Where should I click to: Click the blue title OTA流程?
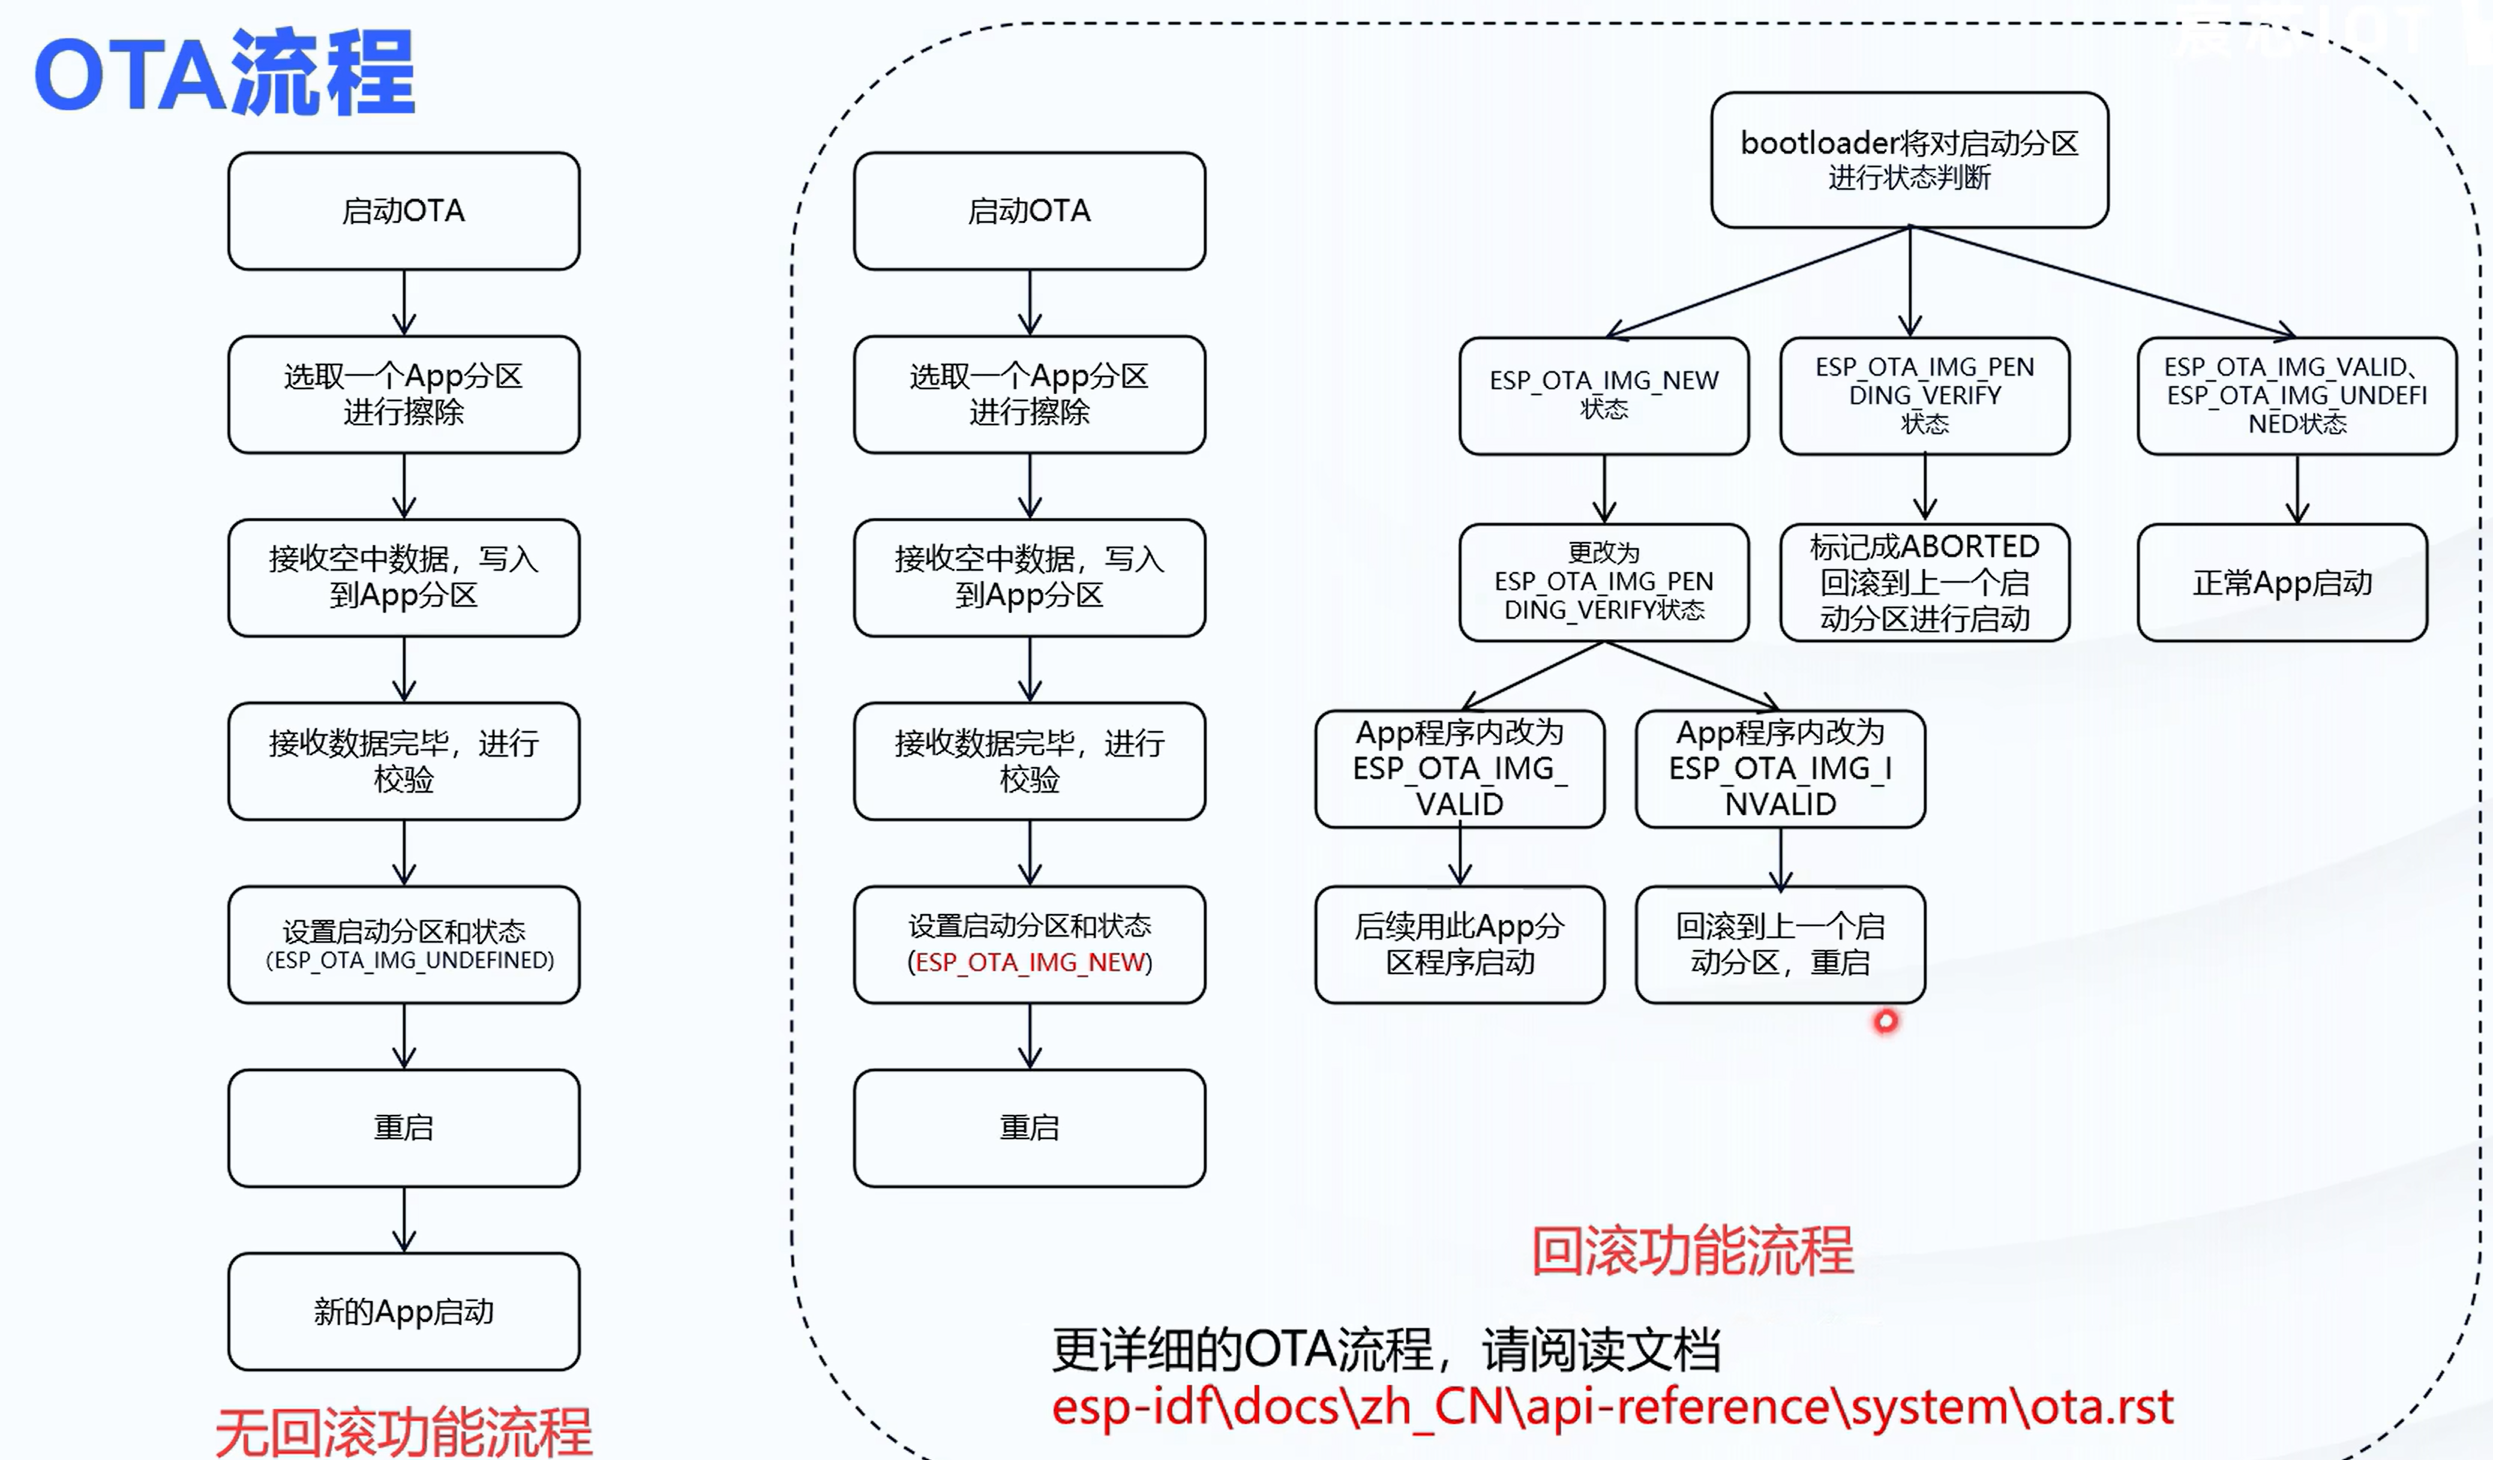(224, 71)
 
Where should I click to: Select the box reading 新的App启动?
(403, 1312)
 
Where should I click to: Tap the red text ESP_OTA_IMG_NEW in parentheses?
(1030, 962)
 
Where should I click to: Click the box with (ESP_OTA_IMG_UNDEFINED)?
(403, 946)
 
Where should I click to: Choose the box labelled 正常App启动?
(2282, 583)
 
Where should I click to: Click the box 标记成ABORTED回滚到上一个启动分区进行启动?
(1924, 583)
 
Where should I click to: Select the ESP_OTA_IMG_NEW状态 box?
(1603, 396)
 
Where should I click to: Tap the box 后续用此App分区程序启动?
(1459, 945)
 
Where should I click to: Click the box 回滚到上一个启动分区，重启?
(1780, 945)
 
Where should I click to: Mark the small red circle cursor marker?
(1885, 1021)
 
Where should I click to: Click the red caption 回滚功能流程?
(1693, 1252)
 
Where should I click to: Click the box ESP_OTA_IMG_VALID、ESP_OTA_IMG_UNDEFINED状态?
(2297, 396)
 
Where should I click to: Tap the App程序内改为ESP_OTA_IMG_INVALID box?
(1780, 769)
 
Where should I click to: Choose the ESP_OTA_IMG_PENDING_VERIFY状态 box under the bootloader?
(1924, 396)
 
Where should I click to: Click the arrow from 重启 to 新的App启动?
(403, 1219)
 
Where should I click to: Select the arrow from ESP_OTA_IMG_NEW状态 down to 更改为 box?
(1603, 490)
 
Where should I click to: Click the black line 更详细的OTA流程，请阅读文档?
(1386, 1349)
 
